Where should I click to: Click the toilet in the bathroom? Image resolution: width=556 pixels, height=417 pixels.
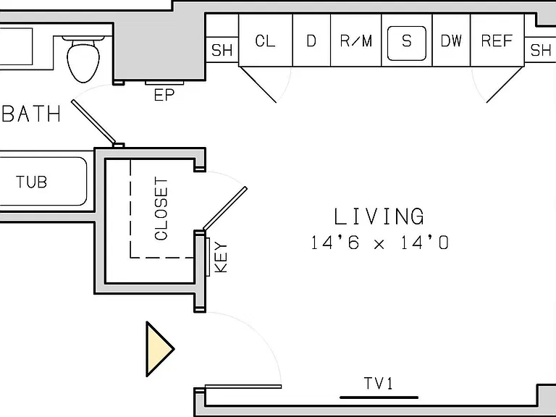pos(83,59)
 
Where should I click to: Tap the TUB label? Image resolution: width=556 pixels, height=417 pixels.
pos(32,182)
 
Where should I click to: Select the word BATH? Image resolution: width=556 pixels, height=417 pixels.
pos(32,114)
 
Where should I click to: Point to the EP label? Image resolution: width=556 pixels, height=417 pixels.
pos(164,95)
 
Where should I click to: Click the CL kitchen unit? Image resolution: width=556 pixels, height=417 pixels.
pos(266,40)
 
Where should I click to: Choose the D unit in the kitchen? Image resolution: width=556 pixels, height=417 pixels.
pos(311,40)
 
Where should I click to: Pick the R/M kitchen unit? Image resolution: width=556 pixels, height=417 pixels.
pos(355,40)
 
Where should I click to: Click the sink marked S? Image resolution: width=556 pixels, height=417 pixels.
pos(407,43)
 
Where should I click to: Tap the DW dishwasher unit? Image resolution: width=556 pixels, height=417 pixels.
pos(451,40)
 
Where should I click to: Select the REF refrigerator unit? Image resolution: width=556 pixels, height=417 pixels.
pos(497,40)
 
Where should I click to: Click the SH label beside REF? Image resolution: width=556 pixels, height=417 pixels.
pos(540,50)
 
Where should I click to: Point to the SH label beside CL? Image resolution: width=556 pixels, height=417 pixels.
pos(222,50)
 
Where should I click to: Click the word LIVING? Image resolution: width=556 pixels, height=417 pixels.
pos(379,216)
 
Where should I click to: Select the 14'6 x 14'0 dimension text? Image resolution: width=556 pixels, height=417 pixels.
pos(380,243)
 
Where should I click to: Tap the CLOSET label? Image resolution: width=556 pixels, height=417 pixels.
pos(161,208)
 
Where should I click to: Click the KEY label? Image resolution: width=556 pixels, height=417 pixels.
pos(222,257)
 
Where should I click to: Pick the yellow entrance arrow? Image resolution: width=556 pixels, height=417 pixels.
pos(160,349)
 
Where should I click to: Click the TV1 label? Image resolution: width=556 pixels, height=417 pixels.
pos(379,383)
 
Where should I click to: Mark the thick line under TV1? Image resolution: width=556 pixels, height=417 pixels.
pos(379,397)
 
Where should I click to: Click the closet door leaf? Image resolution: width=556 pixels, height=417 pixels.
pos(225,208)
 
